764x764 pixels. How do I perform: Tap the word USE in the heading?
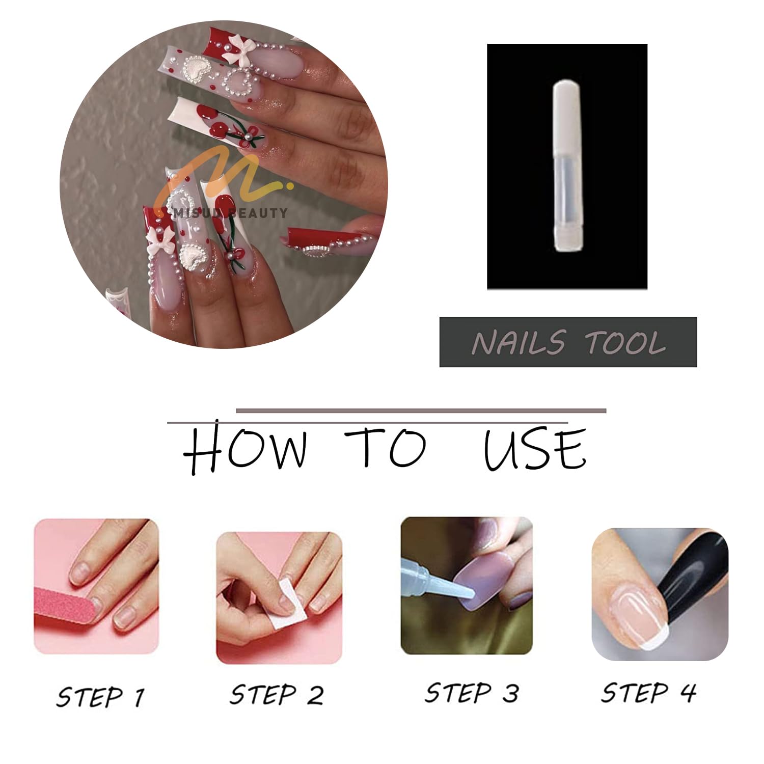535,448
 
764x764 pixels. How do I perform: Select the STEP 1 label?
100,696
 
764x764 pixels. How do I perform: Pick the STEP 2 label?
277,695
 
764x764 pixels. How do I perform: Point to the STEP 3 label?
472,693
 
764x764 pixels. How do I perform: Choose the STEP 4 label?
648,693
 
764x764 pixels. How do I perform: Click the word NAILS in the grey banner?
519,342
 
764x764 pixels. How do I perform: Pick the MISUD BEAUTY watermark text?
230,212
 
